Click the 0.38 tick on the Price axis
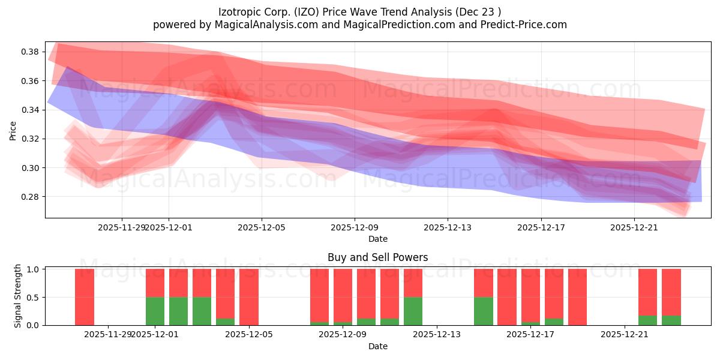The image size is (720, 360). pos(31,52)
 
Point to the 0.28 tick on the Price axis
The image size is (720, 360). pos(31,197)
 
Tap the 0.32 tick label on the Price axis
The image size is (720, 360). pos(31,139)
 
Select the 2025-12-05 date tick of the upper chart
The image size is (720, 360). pos(262,227)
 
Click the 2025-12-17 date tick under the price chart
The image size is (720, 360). pos(541,227)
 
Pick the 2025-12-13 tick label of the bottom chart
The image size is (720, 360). pos(437,334)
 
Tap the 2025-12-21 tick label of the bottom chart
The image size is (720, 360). pos(625,334)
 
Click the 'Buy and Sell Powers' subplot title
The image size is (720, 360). pos(377,257)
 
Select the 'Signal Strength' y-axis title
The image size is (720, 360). pos(18,296)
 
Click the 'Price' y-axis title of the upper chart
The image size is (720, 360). pos(13,130)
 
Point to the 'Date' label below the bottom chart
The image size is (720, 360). pos(377,346)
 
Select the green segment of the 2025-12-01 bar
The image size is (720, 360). pos(155,311)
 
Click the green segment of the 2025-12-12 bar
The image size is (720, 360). pos(413,311)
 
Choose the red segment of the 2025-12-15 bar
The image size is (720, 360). pos(484,283)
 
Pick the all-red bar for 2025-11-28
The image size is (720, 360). pos(85,297)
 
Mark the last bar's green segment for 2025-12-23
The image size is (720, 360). pos(671,320)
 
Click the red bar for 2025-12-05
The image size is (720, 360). pos(249,297)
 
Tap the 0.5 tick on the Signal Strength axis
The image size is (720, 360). pos(34,297)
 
